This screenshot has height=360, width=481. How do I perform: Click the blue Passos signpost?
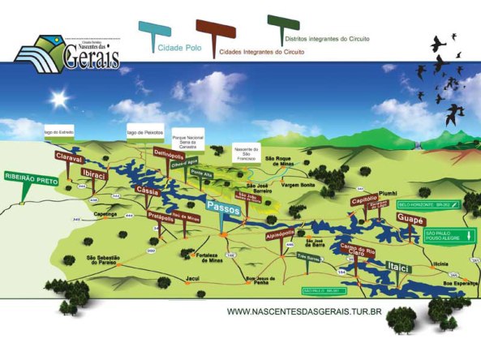point(224,208)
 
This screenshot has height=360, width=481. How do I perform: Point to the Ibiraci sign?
point(95,175)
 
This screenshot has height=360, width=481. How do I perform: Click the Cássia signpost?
point(148,189)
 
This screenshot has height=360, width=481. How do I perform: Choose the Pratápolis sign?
point(165,215)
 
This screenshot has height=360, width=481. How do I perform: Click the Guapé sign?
point(411,220)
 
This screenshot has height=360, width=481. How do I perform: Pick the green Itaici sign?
point(398,267)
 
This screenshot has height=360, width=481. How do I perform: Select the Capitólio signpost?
point(365,200)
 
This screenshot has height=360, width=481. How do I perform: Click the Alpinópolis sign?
point(280,233)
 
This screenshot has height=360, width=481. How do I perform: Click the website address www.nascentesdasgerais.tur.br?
point(304,311)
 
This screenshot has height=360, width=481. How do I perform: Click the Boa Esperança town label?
point(457,282)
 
